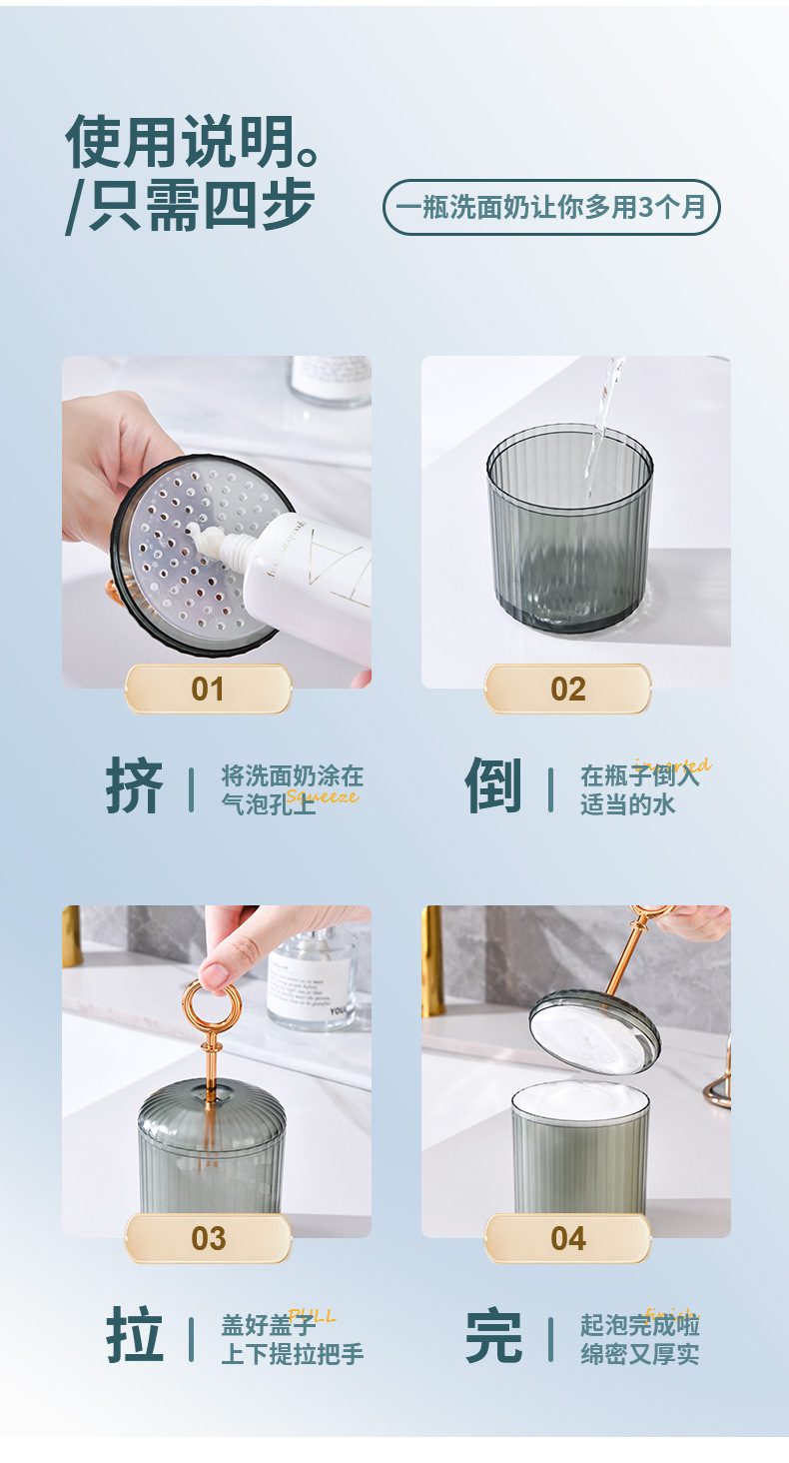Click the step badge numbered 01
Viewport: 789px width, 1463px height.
click(x=208, y=689)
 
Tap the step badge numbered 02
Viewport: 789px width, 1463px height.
click(x=567, y=689)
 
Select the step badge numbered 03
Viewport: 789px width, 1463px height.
click(x=208, y=1238)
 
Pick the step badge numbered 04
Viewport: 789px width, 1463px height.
click(x=567, y=1238)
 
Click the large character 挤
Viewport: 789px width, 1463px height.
click(x=135, y=787)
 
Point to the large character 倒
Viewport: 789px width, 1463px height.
click(x=493, y=787)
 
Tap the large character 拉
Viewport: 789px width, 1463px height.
click(x=135, y=1337)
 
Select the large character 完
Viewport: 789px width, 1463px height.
click(x=493, y=1337)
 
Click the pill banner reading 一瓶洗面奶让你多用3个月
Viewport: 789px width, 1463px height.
click(x=551, y=207)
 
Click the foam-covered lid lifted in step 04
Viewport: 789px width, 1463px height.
click(x=594, y=1034)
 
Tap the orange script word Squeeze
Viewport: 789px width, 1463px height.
click(x=322, y=796)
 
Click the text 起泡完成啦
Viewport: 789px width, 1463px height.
click(x=639, y=1325)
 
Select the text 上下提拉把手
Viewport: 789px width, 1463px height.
click(x=292, y=1354)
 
